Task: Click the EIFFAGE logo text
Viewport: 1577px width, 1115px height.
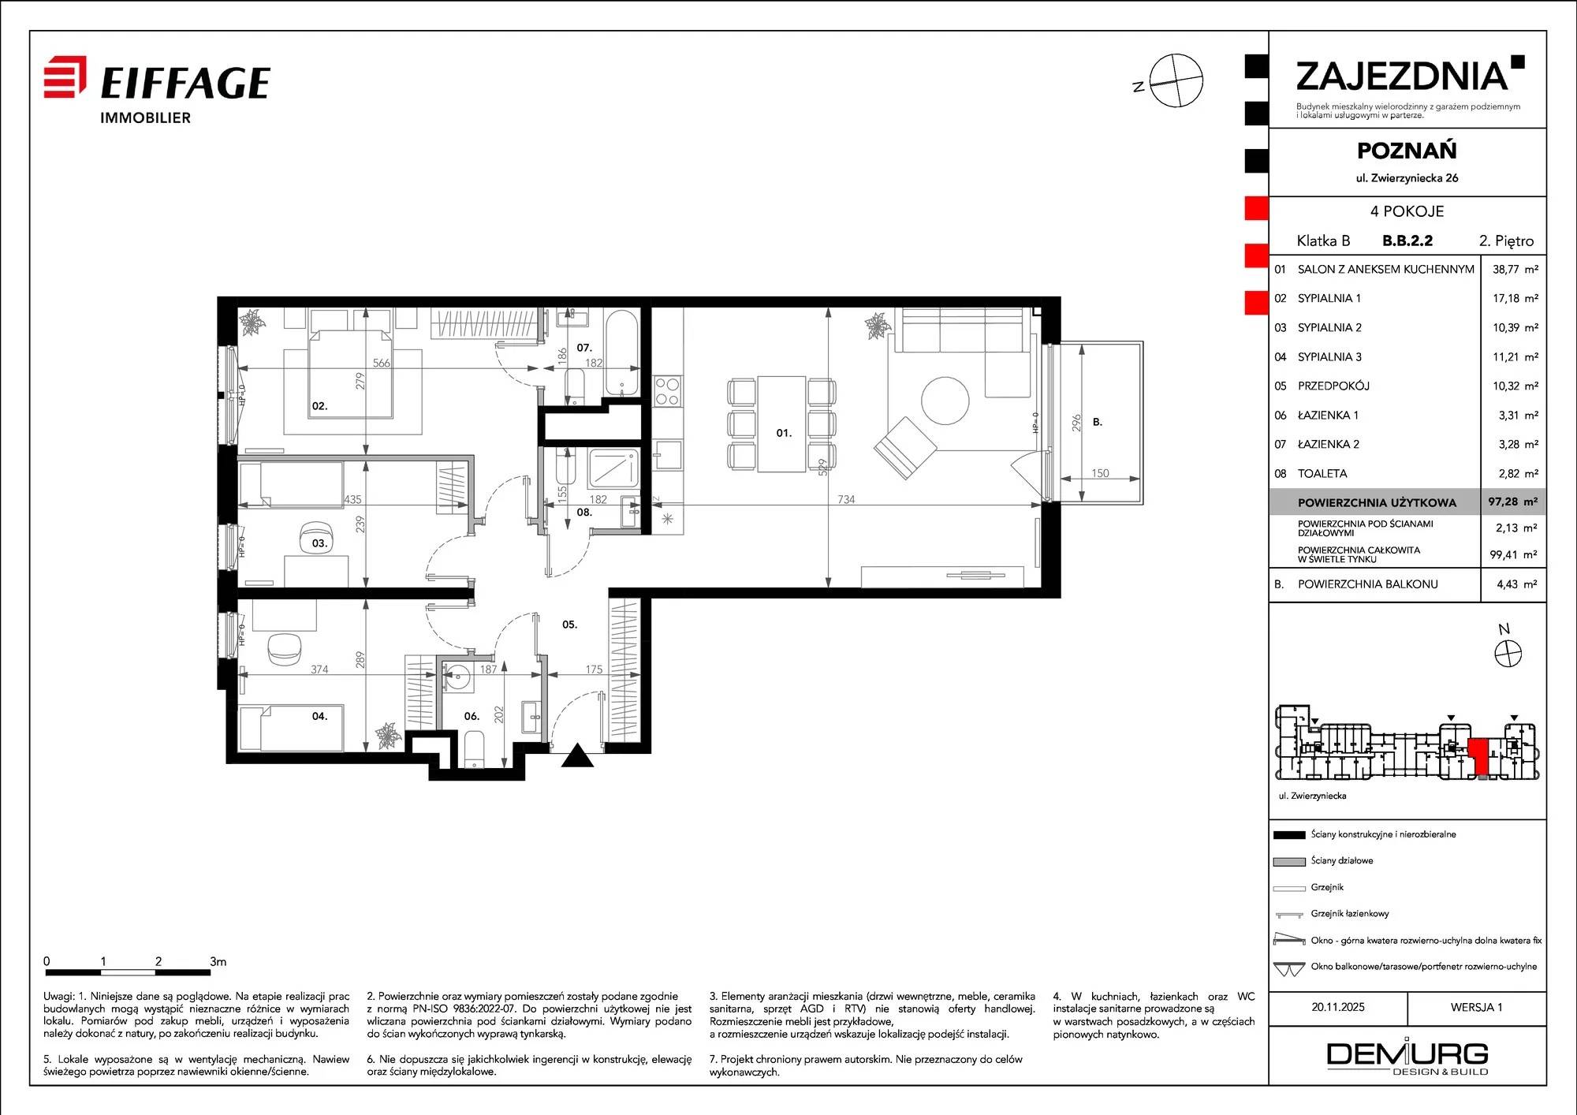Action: point(185,83)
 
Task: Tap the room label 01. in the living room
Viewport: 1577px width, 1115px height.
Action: point(784,433)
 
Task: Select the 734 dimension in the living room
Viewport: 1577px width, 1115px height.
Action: point(846,499)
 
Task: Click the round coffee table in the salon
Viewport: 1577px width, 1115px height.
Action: point(945,401)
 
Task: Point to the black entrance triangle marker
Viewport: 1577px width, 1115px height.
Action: point(577,755)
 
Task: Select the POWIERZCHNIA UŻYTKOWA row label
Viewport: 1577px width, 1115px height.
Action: point(1377,502)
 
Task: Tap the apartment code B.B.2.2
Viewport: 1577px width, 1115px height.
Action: point(1407,241)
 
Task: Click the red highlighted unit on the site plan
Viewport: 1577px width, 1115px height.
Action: point(1478,755)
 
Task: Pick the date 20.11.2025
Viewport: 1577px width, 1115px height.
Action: point(1338,1007)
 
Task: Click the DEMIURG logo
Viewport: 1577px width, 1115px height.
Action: point(1407,1057)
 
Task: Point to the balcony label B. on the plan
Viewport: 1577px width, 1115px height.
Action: point(1098,422)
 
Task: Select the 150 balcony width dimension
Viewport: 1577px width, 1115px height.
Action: point(1100,473)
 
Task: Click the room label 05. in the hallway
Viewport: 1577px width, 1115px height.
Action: point(569,625)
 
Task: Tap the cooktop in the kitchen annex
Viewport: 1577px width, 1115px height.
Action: point(667,391)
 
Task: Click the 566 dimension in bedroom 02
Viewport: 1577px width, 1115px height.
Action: point(381,363)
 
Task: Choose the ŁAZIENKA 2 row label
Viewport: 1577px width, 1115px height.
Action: point(1329,444)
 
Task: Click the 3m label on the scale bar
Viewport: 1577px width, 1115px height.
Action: point(218,961)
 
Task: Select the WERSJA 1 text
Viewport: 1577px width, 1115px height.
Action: point(1477,1007)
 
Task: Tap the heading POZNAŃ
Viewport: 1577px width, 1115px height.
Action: point(1407,150)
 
